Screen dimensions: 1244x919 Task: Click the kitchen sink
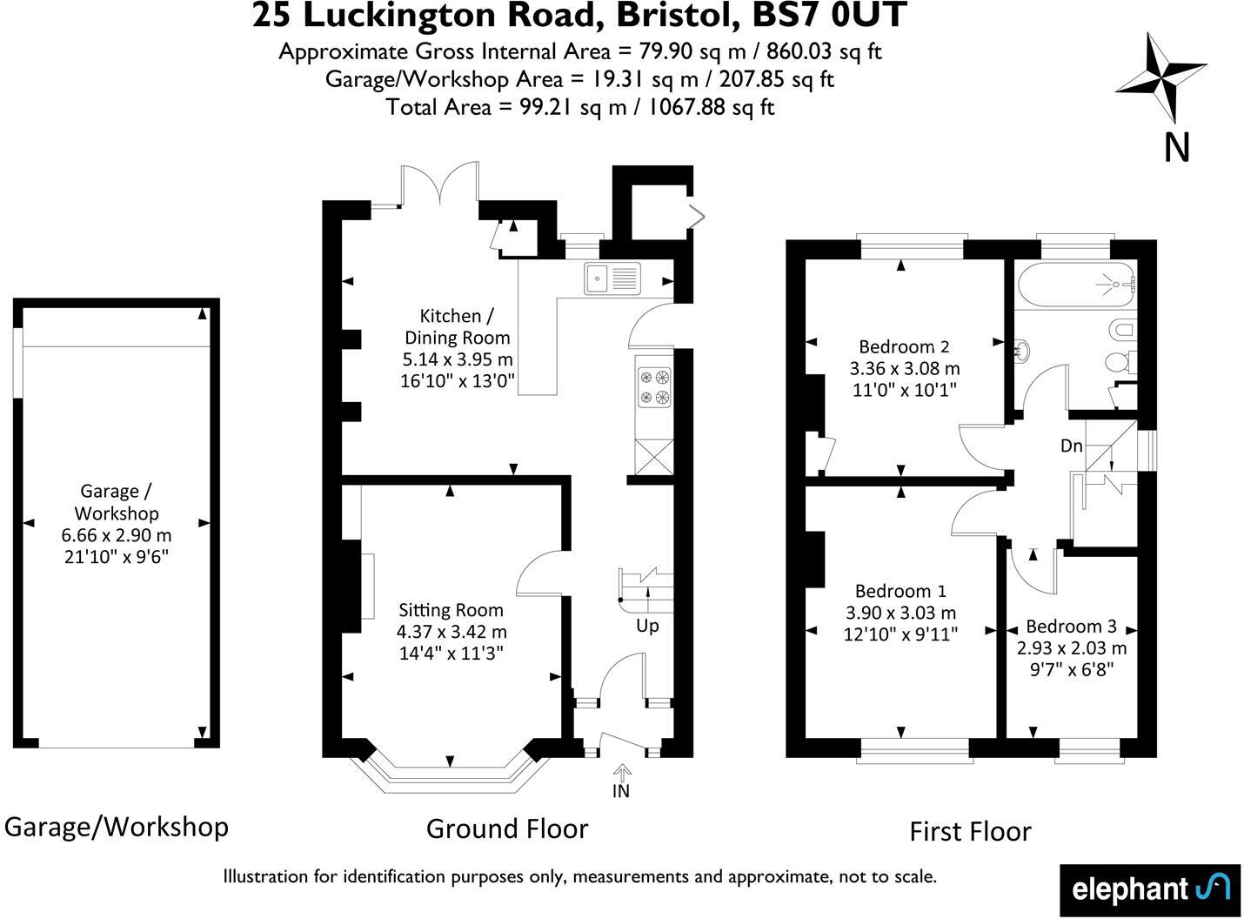click(612, 278)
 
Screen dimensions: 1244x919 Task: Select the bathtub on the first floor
click(1075, 284)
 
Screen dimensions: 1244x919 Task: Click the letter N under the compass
click(1176, 148)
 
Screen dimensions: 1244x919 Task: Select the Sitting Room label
click(451, 610)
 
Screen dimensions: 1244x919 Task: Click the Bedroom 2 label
click(903, 346)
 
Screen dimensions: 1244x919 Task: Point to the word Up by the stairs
click(647, 626)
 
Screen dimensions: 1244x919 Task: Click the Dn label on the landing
click(1071, 446)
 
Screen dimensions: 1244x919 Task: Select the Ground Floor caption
click(507, 828)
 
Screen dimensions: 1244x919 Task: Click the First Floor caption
click(970, 831)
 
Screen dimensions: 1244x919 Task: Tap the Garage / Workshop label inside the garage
click(117, 502)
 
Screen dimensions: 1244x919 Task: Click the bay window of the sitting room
click(450, 774)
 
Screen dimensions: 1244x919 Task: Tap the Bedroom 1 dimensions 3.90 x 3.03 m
click(900, 613)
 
